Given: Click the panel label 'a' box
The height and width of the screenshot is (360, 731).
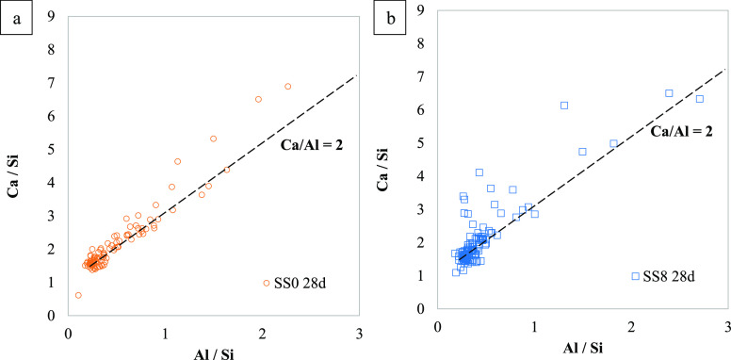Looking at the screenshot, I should click(x=16, y=18).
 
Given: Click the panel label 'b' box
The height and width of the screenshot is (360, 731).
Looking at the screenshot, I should click(x=386, y=18).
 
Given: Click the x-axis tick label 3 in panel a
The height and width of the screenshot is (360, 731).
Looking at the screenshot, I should click(x=359, y=332).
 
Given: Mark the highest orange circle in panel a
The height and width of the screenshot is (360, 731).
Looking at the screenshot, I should click(x=288, y=87).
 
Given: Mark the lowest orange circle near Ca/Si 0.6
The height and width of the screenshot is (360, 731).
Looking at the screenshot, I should click(x=78, y=295).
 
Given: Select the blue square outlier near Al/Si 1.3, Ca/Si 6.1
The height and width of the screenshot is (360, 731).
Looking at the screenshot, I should click(x=564, y=106).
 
